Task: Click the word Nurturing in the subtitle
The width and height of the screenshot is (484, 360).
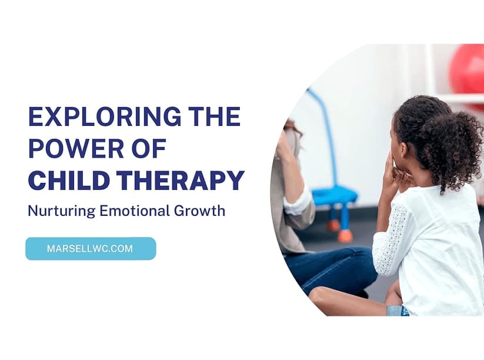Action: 62,212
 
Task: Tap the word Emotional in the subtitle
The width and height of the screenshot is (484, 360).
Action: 134,211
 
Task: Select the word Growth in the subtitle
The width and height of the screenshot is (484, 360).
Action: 199,211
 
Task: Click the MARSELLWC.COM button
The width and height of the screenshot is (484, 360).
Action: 91,249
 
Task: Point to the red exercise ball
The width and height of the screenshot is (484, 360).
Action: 466,72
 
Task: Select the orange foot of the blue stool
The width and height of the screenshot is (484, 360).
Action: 345,236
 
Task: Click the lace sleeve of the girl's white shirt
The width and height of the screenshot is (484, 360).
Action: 389,240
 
